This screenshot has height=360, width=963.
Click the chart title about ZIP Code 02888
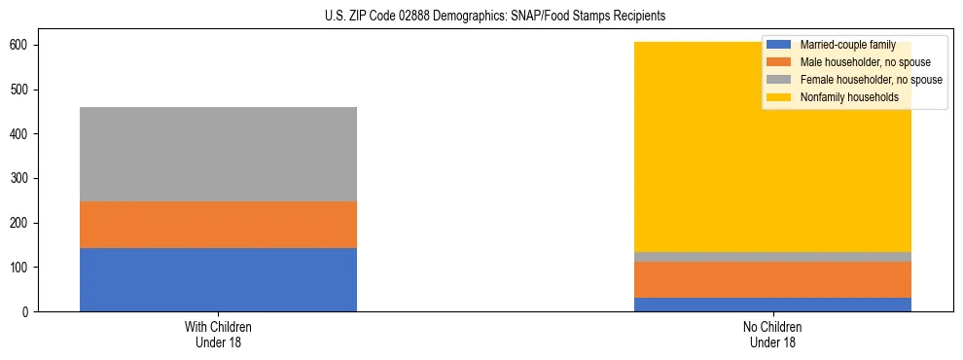495,17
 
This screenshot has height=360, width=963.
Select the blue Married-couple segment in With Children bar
218,279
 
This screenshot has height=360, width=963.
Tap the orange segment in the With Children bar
218,225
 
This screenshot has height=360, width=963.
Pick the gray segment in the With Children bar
218,154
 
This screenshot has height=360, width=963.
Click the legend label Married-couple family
840,46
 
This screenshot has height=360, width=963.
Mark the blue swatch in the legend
778,46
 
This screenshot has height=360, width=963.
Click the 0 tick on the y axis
28,311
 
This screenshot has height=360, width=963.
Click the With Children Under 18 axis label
218,335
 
